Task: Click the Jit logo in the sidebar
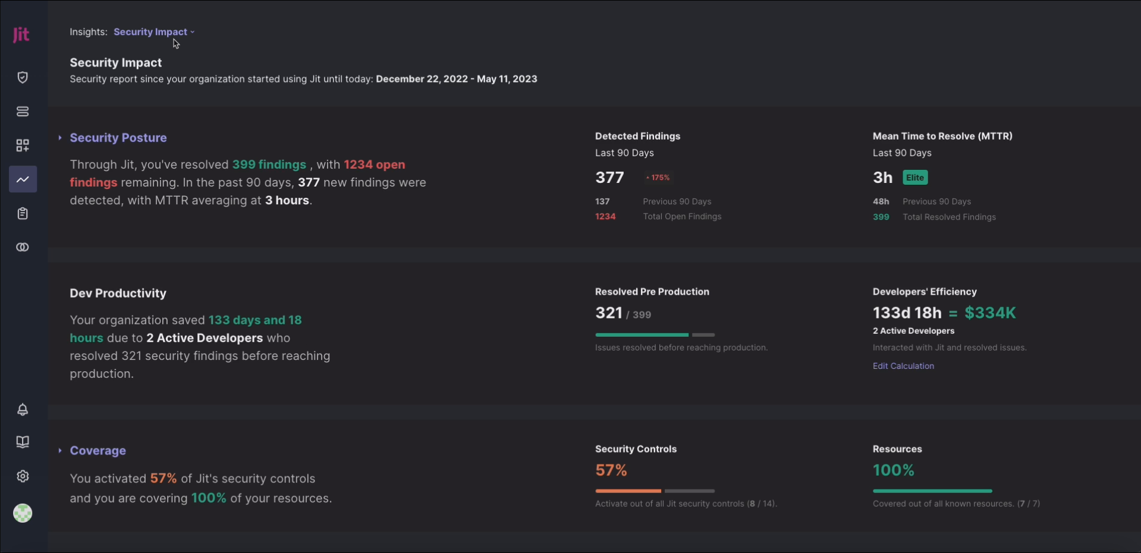coord(21,34)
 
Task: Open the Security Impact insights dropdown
coord(153,32)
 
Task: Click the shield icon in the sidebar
coord(23,77)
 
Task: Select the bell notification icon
coord(23,409)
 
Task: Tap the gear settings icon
coord(23,476)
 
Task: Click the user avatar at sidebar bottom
coord(23,513)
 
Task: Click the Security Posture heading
coord(118,138)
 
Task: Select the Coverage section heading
coord(98,451)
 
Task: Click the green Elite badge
coord(915,178)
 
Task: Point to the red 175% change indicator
coord(658,178)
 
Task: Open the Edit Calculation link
coord(903,366)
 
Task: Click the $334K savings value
coord(990,313)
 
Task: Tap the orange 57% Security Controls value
coord(611,470)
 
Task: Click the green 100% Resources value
coord(894,470)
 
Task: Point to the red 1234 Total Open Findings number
coord(605,217)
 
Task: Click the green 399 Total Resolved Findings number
coord(881,217)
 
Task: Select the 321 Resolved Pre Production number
coord(609,313)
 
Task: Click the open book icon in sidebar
coord(23,442)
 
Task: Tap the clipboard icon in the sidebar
coord(23,213)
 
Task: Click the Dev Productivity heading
coord(118,293)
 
